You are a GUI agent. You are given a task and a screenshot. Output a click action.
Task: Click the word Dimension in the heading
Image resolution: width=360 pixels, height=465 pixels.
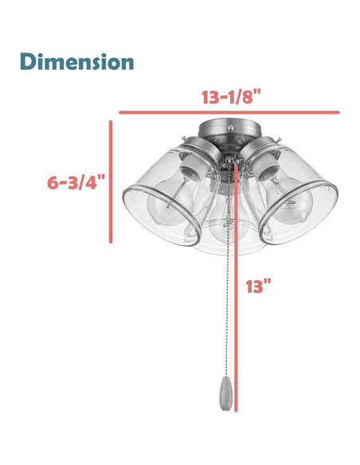coord(76,61)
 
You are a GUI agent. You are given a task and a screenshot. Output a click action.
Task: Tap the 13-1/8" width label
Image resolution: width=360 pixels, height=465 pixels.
coord(231,96)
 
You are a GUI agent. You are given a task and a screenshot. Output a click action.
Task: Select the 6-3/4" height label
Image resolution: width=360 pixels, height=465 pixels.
coord(76,182)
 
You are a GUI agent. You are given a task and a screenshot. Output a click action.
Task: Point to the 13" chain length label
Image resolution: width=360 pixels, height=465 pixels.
coord(258,286)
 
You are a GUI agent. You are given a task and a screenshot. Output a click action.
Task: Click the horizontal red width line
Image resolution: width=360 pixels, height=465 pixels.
coord(229,112)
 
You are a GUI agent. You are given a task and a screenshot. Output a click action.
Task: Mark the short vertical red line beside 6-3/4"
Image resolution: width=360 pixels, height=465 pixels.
coord(111,182)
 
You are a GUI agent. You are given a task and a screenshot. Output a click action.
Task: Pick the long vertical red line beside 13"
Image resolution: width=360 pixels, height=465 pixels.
coord(236,288)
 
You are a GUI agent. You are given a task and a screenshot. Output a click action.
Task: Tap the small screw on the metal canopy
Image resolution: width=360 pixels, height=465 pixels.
coord(231,127)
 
